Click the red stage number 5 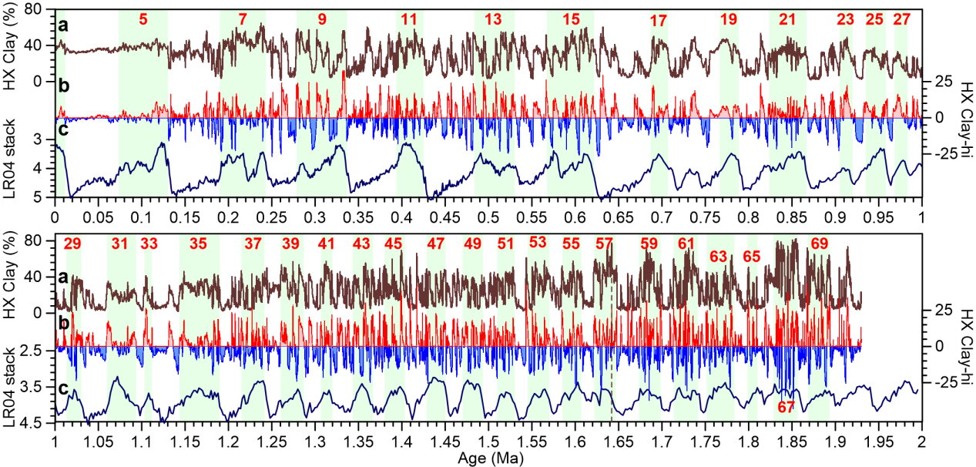(143, 18)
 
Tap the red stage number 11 (409, 18)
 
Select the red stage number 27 (901, 20)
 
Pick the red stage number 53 (538, 241)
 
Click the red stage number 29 (72, 244)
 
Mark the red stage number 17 (658, 22)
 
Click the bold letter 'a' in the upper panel (64, 26)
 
